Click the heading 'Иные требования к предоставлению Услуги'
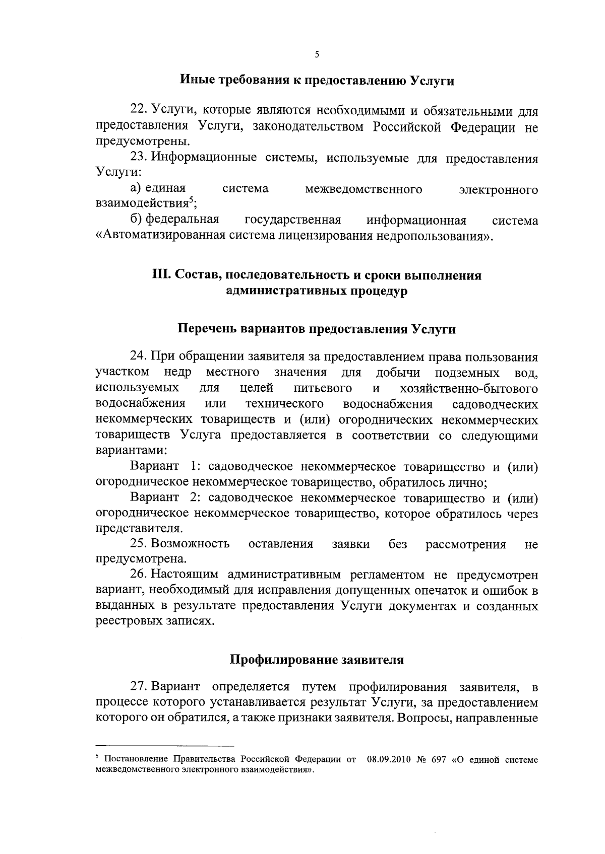(317, 81)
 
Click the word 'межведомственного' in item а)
(364, 189)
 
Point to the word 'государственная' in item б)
(292, 221)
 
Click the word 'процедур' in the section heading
(381, 291)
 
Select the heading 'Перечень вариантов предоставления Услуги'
(317, 329)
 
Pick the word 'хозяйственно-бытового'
(468, 389)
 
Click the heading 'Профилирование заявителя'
(317, 660)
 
